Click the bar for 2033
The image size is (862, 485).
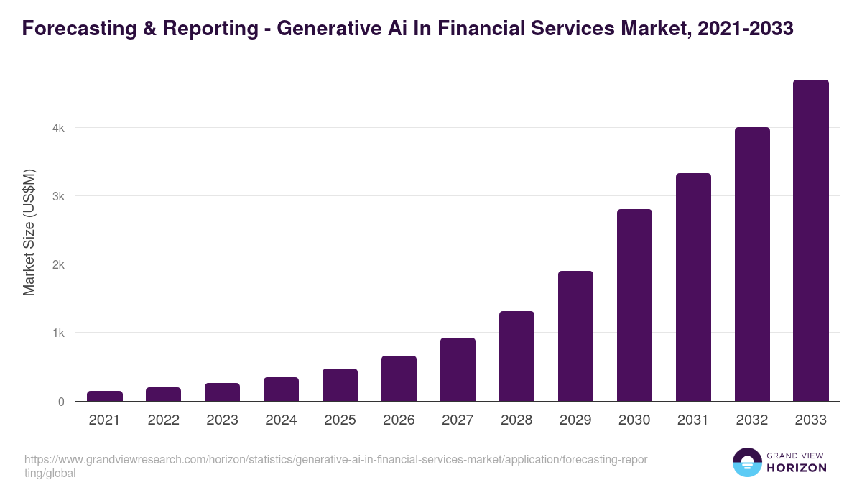point(811,240)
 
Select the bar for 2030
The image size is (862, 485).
point(634,305)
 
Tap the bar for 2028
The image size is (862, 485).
point(516,356)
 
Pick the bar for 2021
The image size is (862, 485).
point(105,396)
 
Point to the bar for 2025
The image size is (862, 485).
point(340,384)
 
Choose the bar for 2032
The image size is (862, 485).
point(752,264)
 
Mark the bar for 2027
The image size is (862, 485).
point(458,369)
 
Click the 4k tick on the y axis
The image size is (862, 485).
point(58,129)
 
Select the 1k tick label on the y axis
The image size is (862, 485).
point(58,333)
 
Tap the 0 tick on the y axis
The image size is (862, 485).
point(61,402)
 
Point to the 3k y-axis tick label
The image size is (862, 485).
point(58,197)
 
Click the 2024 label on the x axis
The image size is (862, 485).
point(281,420)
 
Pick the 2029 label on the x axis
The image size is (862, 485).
point(575,420)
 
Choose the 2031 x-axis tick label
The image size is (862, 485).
point(693,420)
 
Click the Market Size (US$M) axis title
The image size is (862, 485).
point(29,233)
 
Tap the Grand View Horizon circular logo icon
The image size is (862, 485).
point(746,462)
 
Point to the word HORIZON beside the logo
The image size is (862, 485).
point(797,468)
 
